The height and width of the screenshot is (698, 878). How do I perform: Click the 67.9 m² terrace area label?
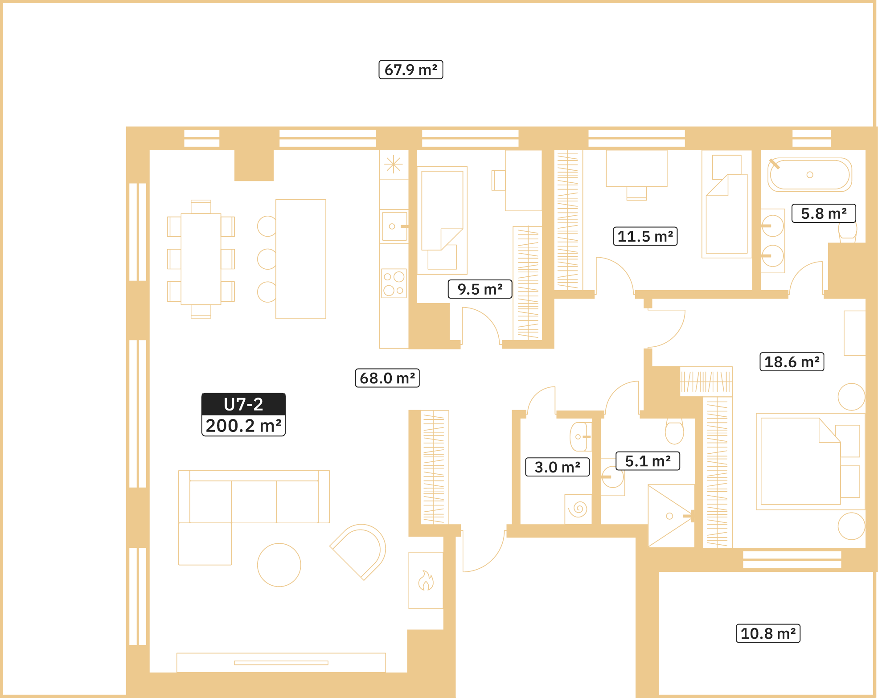coord(410,70)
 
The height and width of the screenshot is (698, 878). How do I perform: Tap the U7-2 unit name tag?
coord(243,404)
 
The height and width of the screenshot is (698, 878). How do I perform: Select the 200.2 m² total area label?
coord(243,426)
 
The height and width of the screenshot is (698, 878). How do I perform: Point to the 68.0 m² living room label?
coord(387,378)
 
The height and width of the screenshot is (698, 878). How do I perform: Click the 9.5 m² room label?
coord(480,289)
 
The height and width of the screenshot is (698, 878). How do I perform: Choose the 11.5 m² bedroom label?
coord(645,236)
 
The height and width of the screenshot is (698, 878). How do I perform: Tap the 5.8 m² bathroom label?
coord(824,214)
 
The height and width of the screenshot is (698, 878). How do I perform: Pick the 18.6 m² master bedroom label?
coord(792,361)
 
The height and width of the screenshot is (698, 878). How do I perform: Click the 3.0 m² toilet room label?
coord(557,467)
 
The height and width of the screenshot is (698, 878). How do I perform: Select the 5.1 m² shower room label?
coord(648,461)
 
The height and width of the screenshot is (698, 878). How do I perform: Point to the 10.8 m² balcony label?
coord(767,633)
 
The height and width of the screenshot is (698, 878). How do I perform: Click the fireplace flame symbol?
coord(426,581)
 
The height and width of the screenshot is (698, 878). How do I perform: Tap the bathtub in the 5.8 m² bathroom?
coord(809,175)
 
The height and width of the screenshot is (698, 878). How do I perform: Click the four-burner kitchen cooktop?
coord(394,283)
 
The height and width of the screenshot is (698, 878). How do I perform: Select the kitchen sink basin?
coord(394,226)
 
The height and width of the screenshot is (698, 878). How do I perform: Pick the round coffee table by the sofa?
coord(279,565)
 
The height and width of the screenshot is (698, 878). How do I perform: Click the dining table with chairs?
coord(201,259)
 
